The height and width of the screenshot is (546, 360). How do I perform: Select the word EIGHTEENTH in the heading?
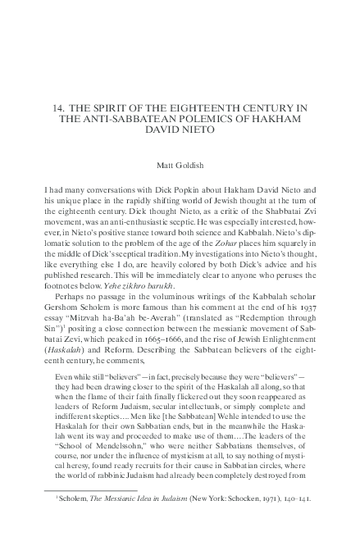click(x=185, y=107)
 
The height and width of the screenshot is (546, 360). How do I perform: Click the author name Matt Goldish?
click(x=179, y=164)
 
